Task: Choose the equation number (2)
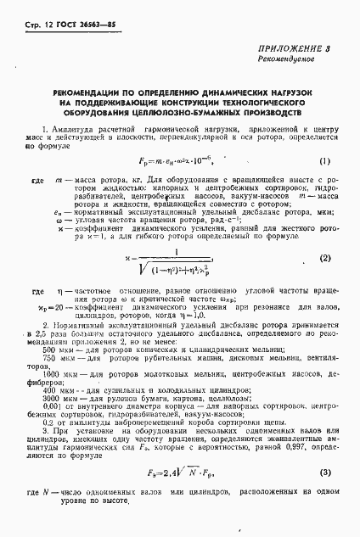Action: pyautogui.click(x=324, y=255)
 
